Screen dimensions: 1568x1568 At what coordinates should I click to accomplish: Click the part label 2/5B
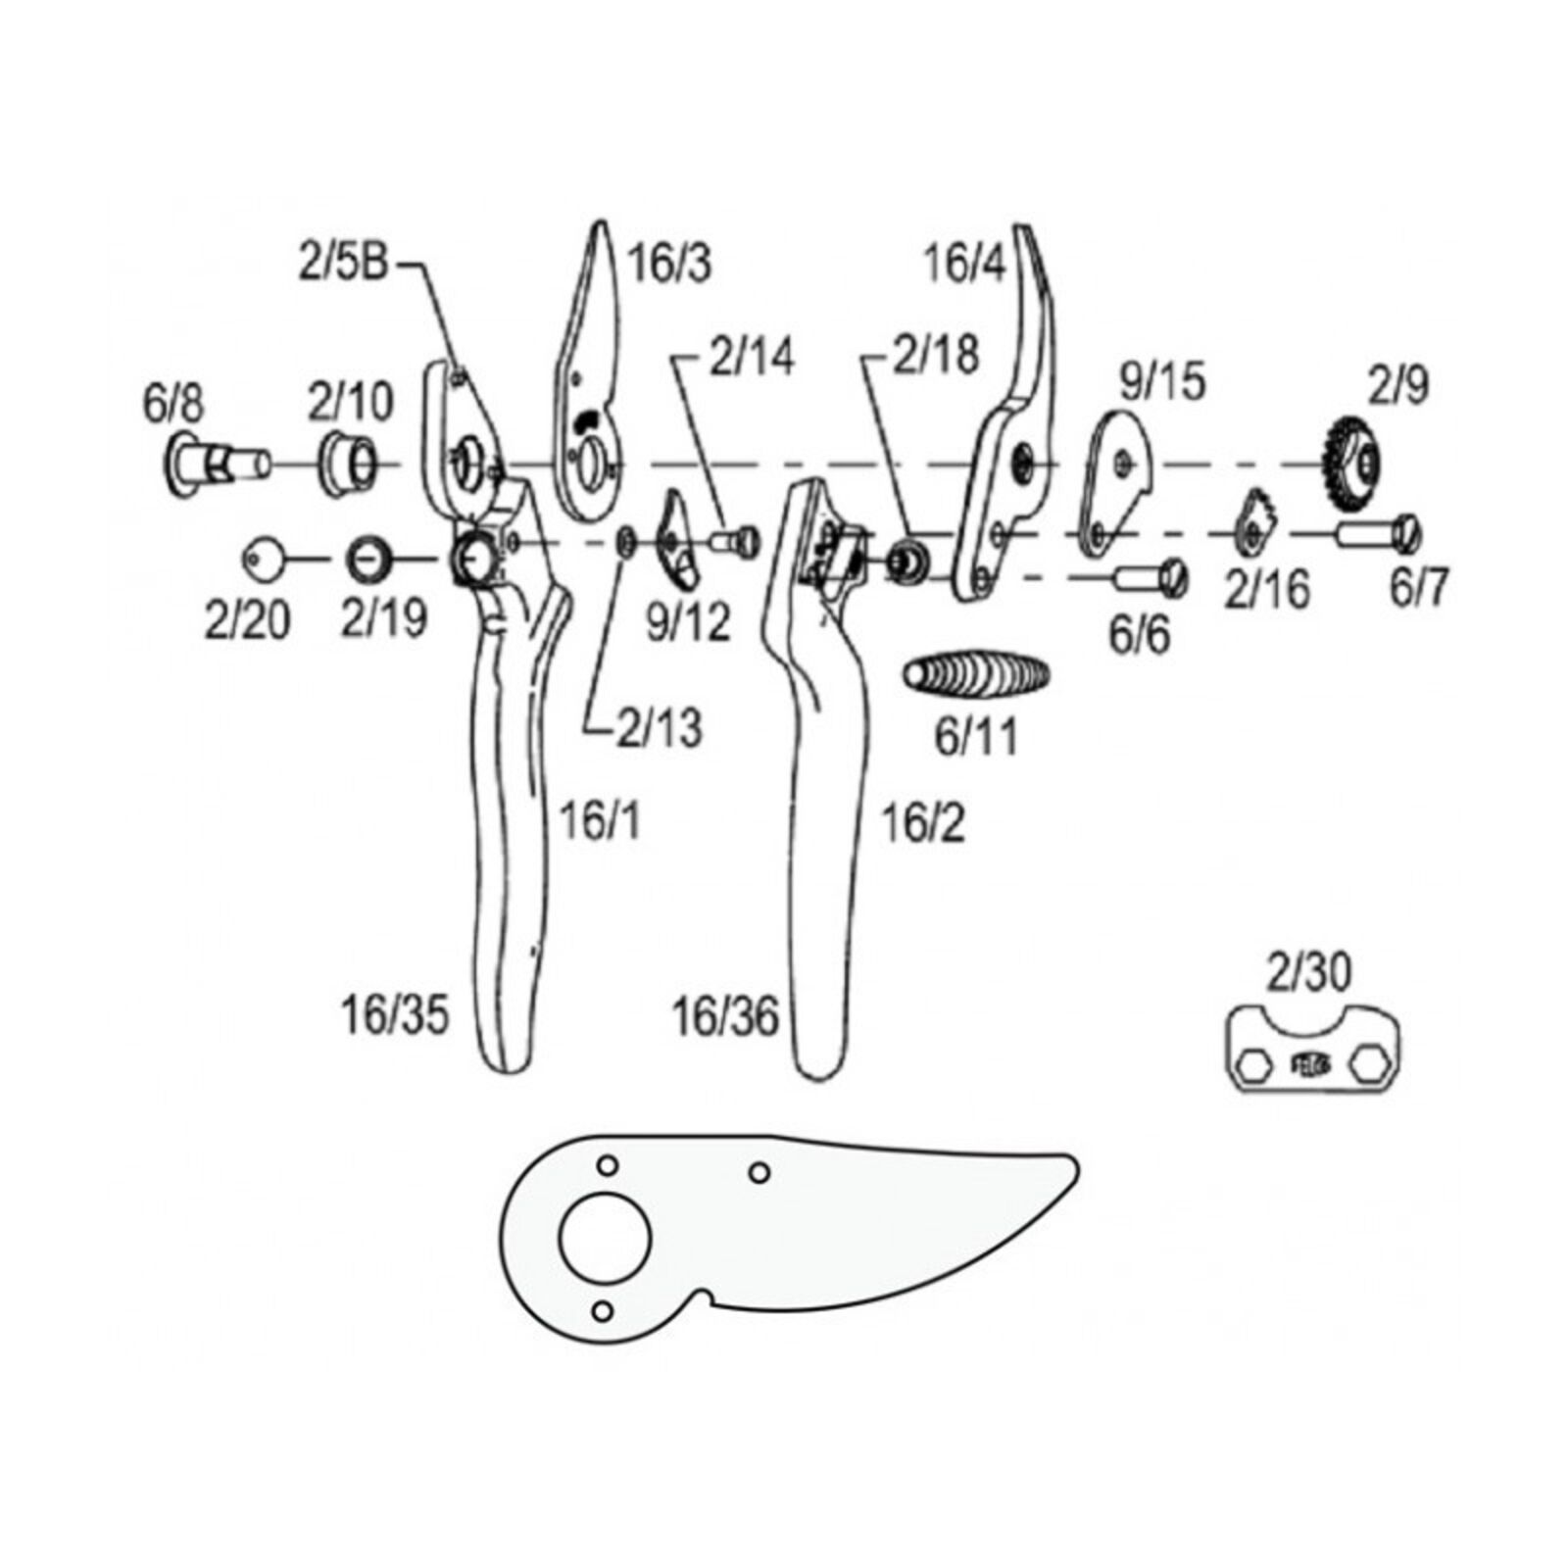343,265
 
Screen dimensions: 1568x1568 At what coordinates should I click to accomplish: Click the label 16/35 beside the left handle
394,1015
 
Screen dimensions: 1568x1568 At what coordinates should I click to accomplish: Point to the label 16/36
724,1017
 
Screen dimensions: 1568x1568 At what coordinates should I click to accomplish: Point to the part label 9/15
1161,380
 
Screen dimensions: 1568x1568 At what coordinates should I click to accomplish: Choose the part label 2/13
659,728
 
